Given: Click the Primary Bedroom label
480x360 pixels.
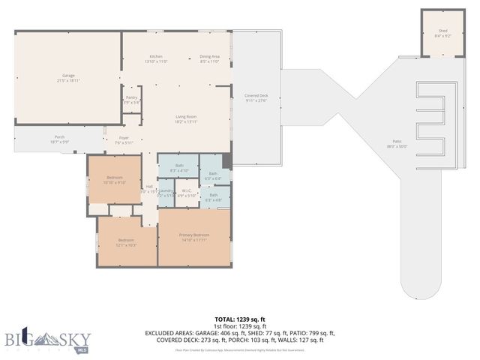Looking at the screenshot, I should pyautogui.click(x=193, y=238).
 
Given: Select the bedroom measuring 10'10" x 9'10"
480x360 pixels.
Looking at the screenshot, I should pyautogui.click(x=114, y=179).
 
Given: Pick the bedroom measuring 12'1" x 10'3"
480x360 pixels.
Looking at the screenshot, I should pyautogui.click(x=125, y=242).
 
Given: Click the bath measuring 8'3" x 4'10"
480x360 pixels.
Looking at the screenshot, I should pyautogui.click(x=179, y=167).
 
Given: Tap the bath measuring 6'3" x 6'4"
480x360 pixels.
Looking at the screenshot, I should pyautogui.click(x=214, y=175).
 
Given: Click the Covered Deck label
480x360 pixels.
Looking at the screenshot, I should pyautogui.click(x=256, y=97).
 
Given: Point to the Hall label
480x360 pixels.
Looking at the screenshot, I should pyautogui.click(x=148, y=187).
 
